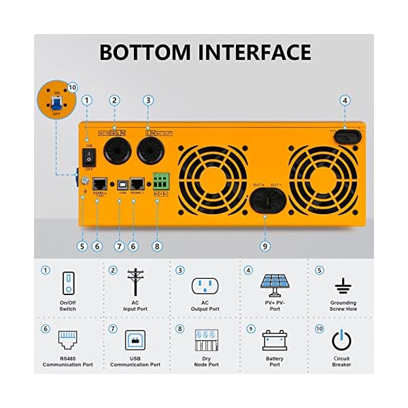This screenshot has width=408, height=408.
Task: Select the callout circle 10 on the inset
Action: [x=73, y=88]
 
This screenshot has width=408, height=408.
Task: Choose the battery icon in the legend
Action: [x=275, y=340]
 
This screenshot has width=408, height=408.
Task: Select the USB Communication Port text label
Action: [x=136, y=362]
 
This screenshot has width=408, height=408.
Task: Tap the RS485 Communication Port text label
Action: [x=67, y=362]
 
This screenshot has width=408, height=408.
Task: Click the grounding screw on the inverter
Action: [x=83, y=182]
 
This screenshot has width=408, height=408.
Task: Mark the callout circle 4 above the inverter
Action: [x=345, y=101]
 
